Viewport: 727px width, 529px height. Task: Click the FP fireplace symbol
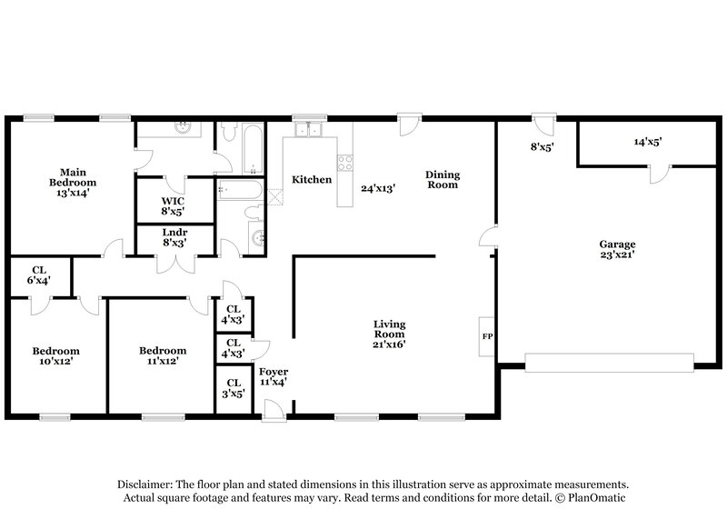[x=487, y=336]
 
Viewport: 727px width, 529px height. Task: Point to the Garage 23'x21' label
[x=616, y=249]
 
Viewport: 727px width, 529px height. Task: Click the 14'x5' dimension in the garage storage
[x=647, y=142]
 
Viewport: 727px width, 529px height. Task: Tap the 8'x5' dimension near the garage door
[x=543, y=144]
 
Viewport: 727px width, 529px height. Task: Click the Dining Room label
[x=442, y=179]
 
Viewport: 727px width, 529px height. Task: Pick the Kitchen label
[x=311, y=180]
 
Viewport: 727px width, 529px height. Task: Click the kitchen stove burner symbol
[x=345, y=164]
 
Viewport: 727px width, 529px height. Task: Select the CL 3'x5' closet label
[x=234, y=388]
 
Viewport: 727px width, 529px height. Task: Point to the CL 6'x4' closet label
[x=39, y=275]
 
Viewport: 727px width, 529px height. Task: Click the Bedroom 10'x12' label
[x=55, y=355]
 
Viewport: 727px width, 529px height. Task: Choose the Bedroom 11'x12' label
[x=164, y=355]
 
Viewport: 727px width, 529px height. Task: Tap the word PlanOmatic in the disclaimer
[x=597, y=499]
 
